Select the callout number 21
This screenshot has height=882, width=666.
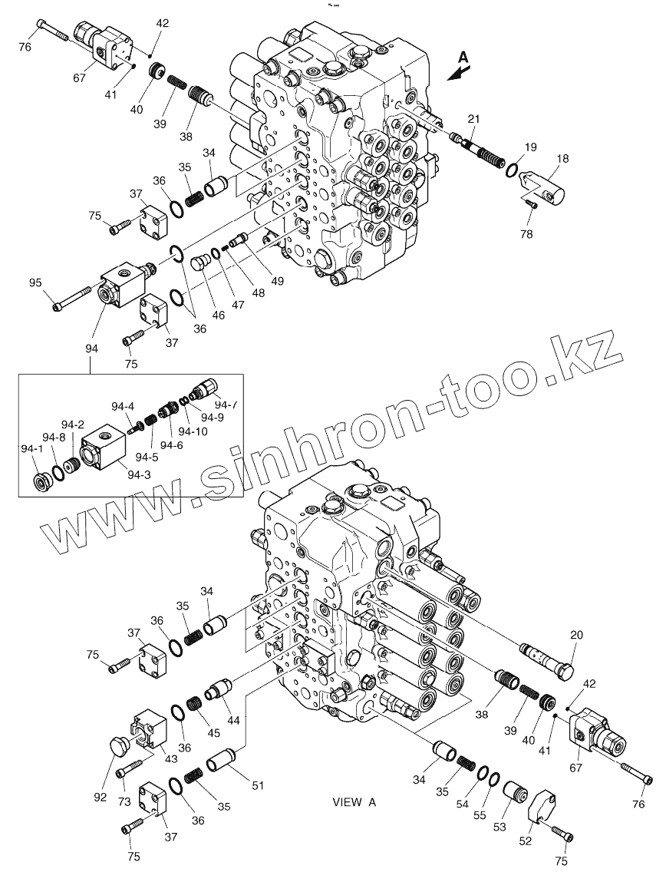tap(474, 118)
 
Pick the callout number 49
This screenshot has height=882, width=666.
tap(277, 281)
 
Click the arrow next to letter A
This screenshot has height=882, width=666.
tap(458, 71)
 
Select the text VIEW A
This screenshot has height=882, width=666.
tap(354, 802)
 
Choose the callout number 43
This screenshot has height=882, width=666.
tap(170, 759)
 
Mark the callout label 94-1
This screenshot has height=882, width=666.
tap(31, 448)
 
